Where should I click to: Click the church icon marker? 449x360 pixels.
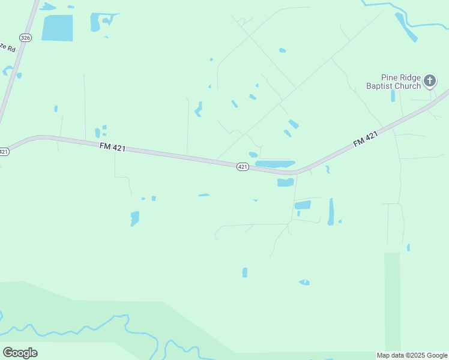[x=429, y=80]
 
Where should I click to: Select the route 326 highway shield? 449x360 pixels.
[x=25, y=37]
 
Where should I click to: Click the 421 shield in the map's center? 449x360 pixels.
[x=242, y=167]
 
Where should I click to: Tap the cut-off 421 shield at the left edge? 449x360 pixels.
[x=4, y=151]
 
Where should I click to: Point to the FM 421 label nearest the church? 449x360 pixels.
[x=365, y=139]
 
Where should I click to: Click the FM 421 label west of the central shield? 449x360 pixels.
[x=112, y=146]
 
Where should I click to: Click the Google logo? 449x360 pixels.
[x=20, y=353]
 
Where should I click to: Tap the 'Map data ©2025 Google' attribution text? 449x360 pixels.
[x=412, y=356]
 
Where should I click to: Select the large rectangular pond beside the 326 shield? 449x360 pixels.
[x=57, y=28]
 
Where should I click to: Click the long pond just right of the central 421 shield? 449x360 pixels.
[x=275, y=164]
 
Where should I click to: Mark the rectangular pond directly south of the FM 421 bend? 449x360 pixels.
[x=285, y=182]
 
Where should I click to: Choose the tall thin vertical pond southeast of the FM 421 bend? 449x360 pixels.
[x=331, y=212]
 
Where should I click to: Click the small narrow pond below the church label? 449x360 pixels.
[x=393, y=96]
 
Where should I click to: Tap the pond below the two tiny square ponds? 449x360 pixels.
[x=134, y=218]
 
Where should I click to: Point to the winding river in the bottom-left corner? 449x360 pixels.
[x=78, y=327]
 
